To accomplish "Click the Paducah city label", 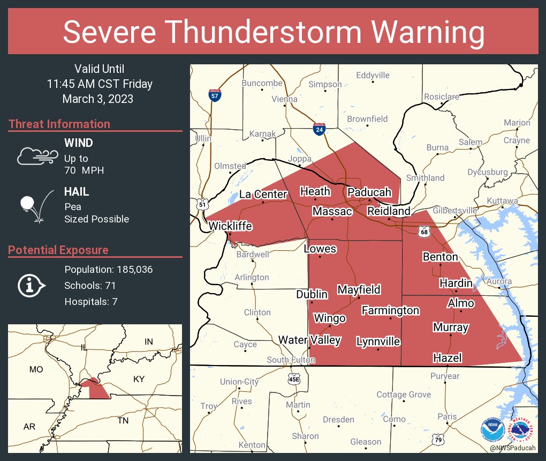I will pyautogui.click(x=369, y=192).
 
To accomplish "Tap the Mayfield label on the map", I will pyautogui.click(x=359, y=290).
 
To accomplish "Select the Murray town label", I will pyautogui.click(x=451, y=327).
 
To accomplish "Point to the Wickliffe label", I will pyautogui.click(x=230, y=226).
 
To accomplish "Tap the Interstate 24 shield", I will pyautogui.click(x=320, y=129).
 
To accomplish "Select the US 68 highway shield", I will pyautogui.click(x=424, y=231).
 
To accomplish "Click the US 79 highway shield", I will pyautogui.click(x=438, y=439).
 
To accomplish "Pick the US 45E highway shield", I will pyautogui.click(x=294, y=378).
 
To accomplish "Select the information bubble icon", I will pyautogui.click(x=32, y=285).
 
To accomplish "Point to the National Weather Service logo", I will pyautogui.click(x=522, y=429).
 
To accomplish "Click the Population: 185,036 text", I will pyautogui.click(x=109, y=269).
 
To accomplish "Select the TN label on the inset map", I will pyautogui.click(x=123, y=420).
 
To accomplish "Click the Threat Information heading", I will pyautogui.click(x=59, y=124).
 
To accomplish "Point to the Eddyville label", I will pyautogui.click(x=373, y=75).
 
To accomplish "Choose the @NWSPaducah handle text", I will pyautogui.click(x=512, y=448).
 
